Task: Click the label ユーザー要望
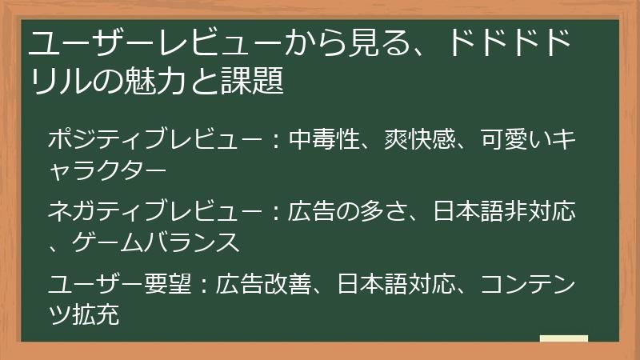click(119, 285)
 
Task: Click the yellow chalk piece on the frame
click(564, 338)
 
